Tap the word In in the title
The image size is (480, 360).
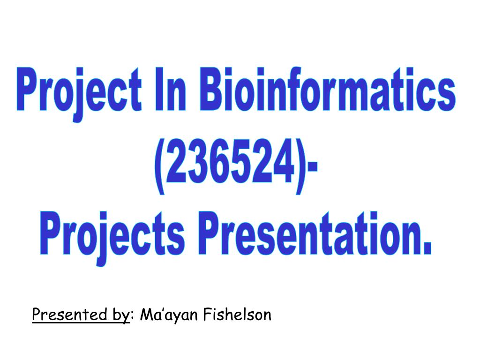(x=171, y=89)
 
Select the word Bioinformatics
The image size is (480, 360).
(x=328, y=89)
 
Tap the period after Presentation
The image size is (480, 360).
(x=427, y=249)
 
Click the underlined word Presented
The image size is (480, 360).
(x=69, y=315)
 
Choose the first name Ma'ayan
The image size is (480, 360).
(x=168, y=315)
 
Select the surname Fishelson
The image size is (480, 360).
(x=238, y=315)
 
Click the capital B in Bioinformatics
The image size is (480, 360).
(x=211, y=89)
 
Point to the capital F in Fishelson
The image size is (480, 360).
(x=208, y=315)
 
